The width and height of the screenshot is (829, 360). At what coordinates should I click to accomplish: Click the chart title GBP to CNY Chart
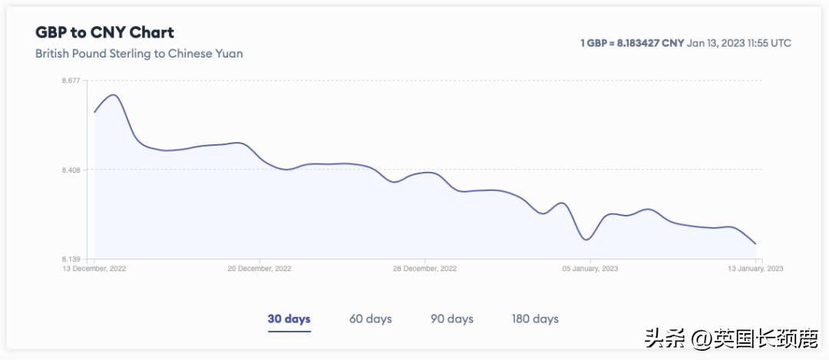click(x=104, y=32)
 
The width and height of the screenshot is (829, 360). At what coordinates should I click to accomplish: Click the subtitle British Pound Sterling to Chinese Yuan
click(x=139, y=54)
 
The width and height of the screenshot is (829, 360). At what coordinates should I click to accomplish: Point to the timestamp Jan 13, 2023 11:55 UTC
click(x=739, y=43)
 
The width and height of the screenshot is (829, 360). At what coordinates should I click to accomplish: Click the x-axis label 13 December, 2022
click(x=94, y=269)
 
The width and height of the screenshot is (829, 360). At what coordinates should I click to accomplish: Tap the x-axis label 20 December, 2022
click(x=260, y=269)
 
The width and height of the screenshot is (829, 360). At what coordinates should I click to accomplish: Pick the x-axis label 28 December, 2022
click(x=425, y=269)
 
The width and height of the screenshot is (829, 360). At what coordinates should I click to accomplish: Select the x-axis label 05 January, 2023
click(x=590, y=269)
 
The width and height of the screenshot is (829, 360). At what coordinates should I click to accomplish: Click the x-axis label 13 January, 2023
click(x=755, y=269)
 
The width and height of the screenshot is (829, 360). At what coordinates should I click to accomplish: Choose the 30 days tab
click(x=289, y=319)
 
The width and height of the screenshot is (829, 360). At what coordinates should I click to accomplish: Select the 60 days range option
click(x=371, y=319)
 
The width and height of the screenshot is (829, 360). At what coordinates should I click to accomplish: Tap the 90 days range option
click(x=452, y=319)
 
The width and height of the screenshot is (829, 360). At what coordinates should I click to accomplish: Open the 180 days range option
click(x=536, y=319)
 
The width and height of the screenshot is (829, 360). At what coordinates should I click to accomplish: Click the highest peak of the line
click(x=114, y=94)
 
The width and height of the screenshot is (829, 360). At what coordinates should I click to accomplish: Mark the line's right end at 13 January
click(x=755, y=244)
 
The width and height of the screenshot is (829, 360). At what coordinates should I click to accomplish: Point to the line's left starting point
click(x=94, y=112)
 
